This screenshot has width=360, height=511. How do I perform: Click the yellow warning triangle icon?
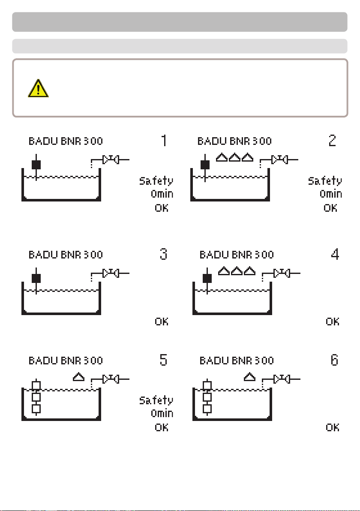point(38,88)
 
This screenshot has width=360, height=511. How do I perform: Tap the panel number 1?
point(164,141)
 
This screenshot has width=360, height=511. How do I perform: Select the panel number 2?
point(332,141)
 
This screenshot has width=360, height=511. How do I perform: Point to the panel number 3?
point(164,254)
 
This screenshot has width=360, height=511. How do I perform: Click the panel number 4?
point(335,254)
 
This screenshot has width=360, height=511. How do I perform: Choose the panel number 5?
point(164,360)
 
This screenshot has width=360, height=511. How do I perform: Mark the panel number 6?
point(335,360)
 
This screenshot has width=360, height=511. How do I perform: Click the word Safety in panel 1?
point(156,181)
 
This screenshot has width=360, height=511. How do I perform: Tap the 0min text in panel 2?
point(331,194)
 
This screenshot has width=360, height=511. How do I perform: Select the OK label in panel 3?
point(162,322)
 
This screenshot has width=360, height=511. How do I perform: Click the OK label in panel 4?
point(333,322)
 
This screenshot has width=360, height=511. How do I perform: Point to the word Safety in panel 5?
point(156,400)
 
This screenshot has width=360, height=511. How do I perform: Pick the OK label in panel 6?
point(333,427)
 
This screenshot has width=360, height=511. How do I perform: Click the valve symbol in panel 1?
point(111,159)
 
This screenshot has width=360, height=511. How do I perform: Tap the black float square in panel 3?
point(36,278)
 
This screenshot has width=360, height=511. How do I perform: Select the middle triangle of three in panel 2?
point(234,157)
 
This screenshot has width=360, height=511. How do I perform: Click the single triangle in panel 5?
point(78,377)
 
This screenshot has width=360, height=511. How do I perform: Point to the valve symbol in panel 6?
point(282,379)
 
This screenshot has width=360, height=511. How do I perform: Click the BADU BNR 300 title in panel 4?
point(237,255)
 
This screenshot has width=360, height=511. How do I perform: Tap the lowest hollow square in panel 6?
point(207,409)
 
